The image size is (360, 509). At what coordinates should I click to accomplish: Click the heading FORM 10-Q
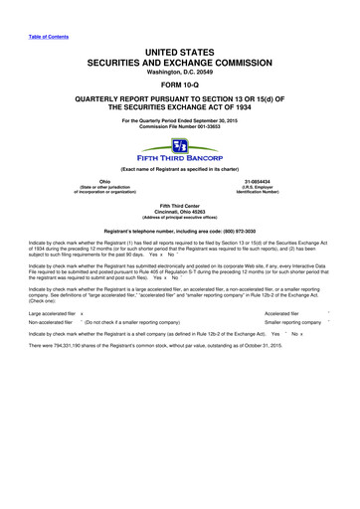pyautogui.click(x=179, y=85)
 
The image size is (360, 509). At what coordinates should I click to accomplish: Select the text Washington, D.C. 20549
pyautogui.click(x=180, y=72)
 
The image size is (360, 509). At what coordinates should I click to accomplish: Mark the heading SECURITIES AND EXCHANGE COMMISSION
pyautogui.click(x=180, y=60)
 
